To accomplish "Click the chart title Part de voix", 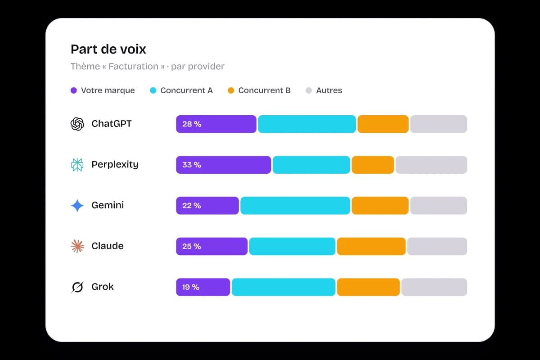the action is point(108,49).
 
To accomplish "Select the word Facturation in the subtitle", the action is point(133,66).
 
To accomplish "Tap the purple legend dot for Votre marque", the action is point(73,90).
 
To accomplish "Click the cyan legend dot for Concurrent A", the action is point(153,90).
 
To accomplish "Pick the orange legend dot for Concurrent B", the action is point(231,90).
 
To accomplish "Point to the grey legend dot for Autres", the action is point(309,90).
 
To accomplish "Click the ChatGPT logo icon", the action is point(77,124).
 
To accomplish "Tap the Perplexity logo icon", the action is point(77,165).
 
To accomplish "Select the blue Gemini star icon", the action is point(77,206).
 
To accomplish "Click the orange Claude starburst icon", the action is point(77,246).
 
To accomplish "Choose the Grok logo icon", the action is point(77,287).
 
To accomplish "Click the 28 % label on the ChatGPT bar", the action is point(192,124).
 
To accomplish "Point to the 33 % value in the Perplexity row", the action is point(192,165).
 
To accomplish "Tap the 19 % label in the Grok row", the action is point(191,287).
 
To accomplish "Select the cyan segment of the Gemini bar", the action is point(295,206).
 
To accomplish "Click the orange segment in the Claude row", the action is point(371,246).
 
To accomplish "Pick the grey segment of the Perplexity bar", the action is point(431,165).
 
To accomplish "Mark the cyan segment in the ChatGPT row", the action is point(307,124).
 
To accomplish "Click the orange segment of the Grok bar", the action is point(369,287).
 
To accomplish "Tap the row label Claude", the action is point(108,246).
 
